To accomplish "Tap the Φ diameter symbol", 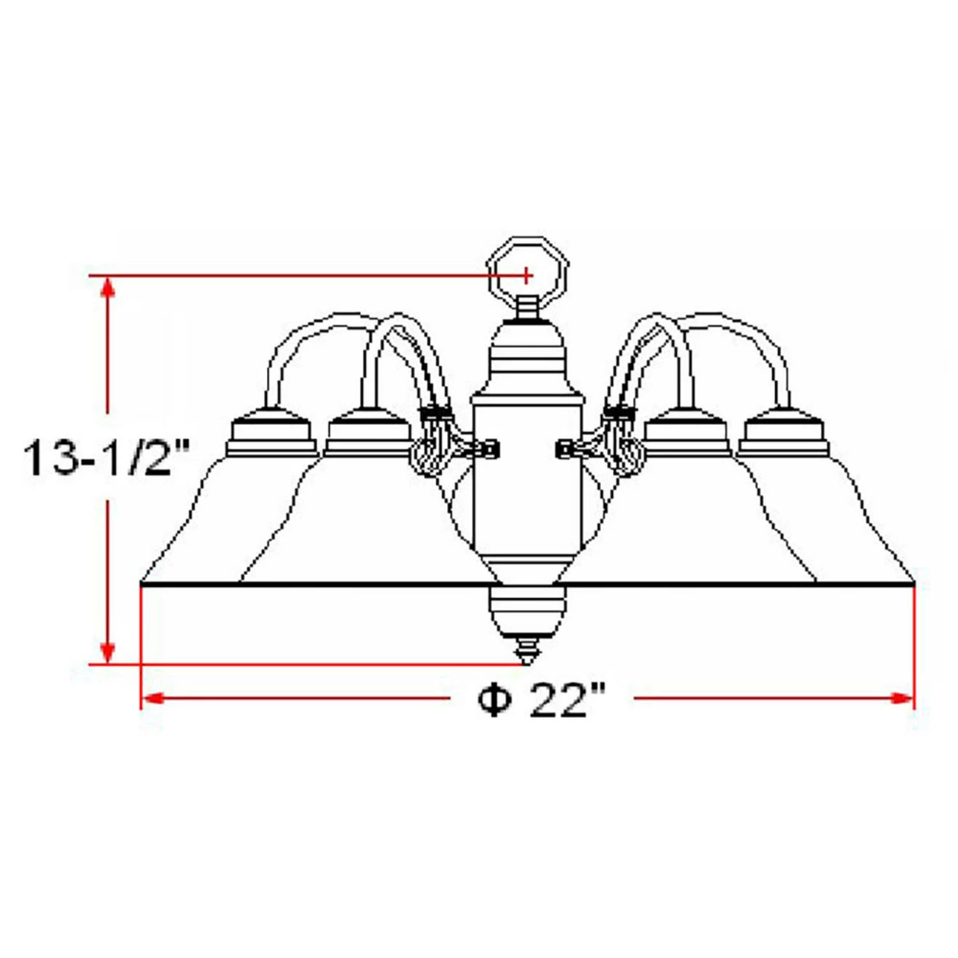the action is click(495, 701).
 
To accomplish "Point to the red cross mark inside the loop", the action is click(526, 275).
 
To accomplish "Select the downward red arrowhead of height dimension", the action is click(108, 651).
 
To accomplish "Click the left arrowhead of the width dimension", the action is click(153, 698).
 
